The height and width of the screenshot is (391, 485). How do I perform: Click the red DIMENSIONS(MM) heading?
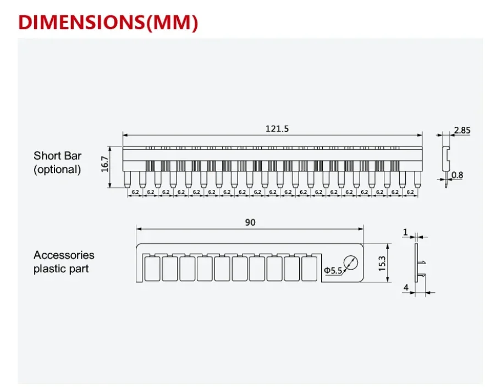point(108,23)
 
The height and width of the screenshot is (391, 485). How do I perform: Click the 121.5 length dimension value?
point(277,129)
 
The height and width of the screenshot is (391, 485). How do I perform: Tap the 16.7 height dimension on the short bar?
point(105,164)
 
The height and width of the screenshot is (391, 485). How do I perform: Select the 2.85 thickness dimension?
point(462,130)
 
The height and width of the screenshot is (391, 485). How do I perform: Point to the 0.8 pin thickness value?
point(457,175)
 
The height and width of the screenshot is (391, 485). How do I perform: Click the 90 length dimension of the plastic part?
point(250,222)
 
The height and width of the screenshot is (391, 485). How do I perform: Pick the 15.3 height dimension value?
point(382,264)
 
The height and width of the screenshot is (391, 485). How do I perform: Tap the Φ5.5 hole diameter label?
point(333,271)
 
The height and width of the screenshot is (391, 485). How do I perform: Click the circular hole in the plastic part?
point(351,263)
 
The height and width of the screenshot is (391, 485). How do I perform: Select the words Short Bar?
point(58,155)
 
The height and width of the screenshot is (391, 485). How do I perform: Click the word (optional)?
point(57,170)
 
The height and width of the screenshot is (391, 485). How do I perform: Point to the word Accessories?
point(64,255)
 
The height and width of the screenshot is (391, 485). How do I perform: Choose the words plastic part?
point(61,269)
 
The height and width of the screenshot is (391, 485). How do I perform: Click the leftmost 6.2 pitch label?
point(135,192)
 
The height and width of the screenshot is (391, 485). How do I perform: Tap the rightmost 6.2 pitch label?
point(410,192)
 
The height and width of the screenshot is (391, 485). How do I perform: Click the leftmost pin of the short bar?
point(127,180)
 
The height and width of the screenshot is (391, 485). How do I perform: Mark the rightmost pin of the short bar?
point(417,180)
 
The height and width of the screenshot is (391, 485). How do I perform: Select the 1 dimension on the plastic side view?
point(405,232)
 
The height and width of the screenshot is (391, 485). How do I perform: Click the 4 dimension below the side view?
point(406,288)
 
